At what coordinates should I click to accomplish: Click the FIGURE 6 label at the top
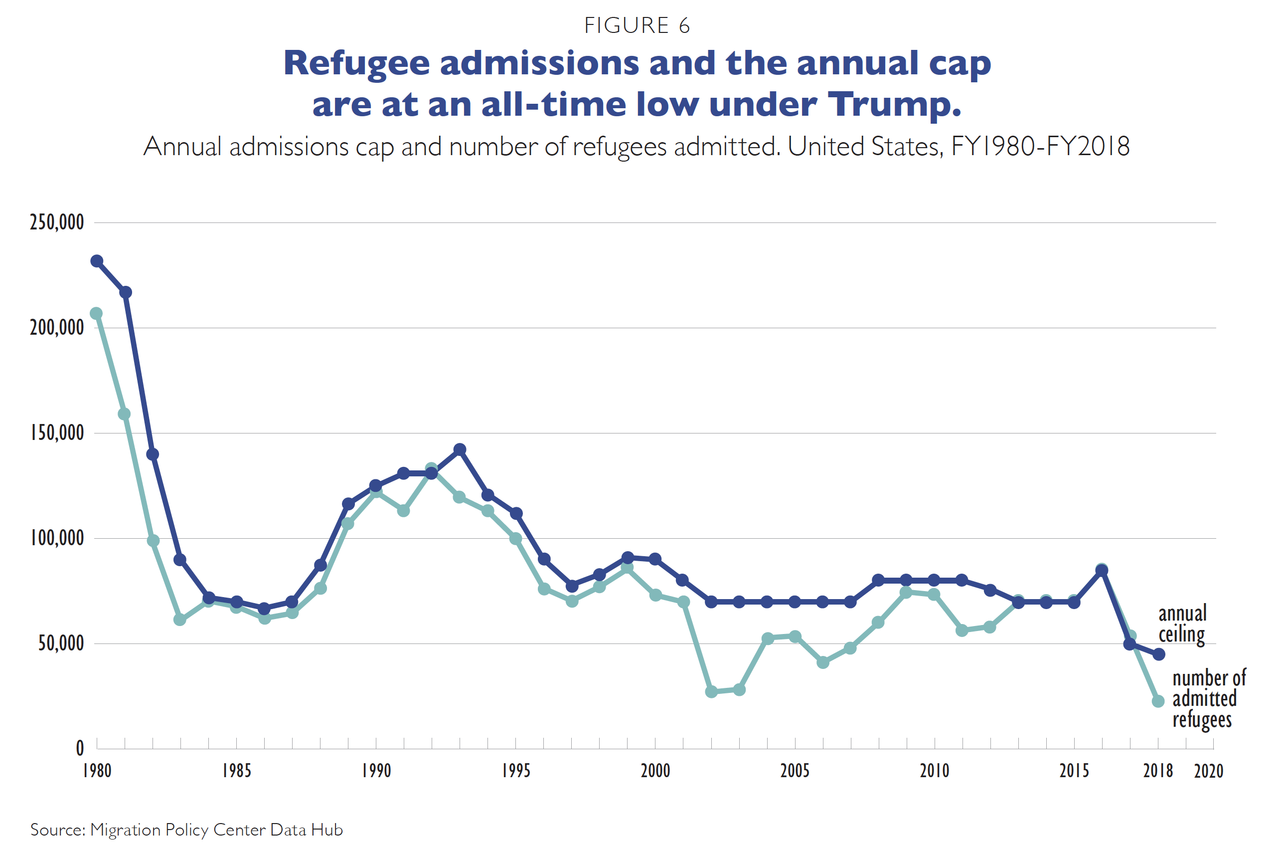point(637,25)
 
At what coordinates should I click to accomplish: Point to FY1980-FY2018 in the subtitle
point(1040,147)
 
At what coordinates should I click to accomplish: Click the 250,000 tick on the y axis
point(57,222)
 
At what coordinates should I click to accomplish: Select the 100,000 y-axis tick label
point(57,538)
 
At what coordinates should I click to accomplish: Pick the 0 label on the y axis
point(80,748)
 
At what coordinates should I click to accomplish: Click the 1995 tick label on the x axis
point(516,771)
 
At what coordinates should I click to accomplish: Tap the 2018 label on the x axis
point(1158,771)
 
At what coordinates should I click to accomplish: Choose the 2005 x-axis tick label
point(795,771)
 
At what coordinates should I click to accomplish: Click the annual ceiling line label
point(1182,624)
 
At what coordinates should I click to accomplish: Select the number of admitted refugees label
point(1208,699)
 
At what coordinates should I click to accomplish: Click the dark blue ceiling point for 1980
point(97,261)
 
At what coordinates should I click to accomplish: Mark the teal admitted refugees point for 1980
point(96,314)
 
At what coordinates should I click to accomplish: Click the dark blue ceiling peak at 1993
point(460,449)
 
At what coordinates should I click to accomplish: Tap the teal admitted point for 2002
point(711,691)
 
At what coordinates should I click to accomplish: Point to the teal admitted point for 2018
point(1158,701)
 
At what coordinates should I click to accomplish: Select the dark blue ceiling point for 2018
point(1158,654)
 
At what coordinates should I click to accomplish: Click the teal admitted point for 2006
point(822,662)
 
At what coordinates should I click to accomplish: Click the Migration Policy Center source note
point(186,830)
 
